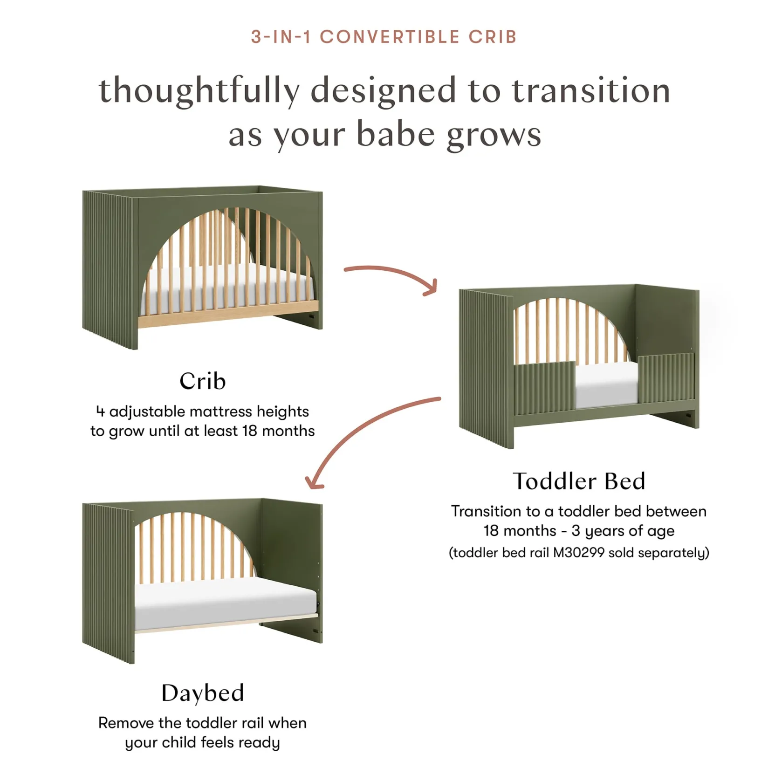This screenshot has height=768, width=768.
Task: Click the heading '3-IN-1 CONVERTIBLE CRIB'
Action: click(384, 37)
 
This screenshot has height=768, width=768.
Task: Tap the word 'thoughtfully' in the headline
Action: click(199, 91)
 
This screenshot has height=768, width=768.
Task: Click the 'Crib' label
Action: click(203, 381)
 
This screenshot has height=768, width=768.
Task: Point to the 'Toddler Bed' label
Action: click(579, 481)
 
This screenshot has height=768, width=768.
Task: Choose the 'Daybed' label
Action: click(203, 693)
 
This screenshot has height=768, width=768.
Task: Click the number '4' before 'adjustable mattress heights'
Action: click(100, 411)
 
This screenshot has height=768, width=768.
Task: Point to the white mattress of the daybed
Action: click(226, 604)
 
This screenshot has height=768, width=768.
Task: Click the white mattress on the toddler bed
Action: click(607, 384)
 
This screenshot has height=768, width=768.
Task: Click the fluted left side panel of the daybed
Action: click(109, 583)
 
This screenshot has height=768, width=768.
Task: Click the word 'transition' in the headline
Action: click(591, 91)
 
